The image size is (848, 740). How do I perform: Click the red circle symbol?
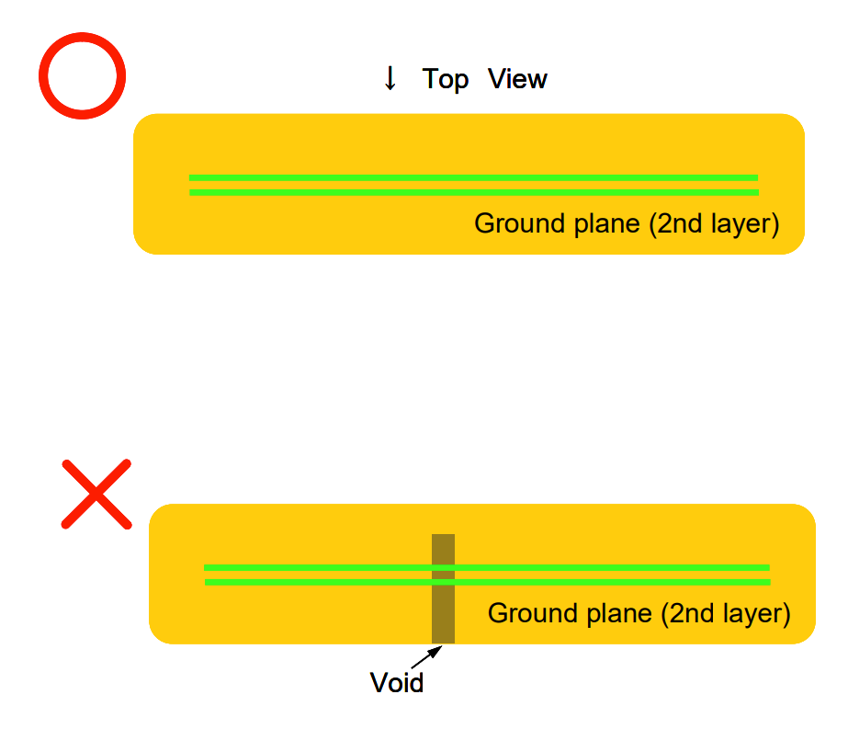tap(83, 75)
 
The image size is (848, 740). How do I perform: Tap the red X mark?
tap(96, 494)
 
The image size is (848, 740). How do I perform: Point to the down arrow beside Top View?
tap(390, 79)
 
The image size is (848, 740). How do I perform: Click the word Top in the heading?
tap(446, 79)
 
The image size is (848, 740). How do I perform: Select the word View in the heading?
tap(517, 79)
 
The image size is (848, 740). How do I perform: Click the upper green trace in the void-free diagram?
tap(473, 177)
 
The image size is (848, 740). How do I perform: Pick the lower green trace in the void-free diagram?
tap(473, 192)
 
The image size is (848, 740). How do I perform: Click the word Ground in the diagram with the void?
tap(531, 613)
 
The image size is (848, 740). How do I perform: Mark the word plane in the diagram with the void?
tap(616, 615)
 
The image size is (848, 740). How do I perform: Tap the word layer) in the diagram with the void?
tap(757, 615)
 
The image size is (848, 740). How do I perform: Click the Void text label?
tap(397, 683)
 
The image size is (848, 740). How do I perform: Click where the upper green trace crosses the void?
tap(443, 567)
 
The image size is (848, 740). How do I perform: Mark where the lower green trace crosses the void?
tap(443, 582)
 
